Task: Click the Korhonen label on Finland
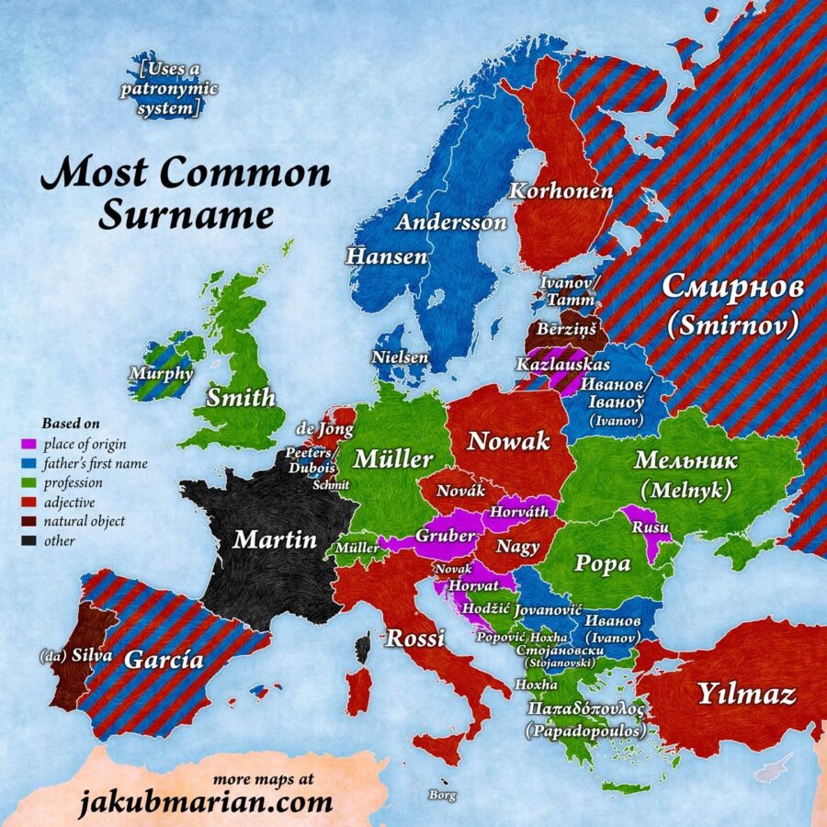[561, 191]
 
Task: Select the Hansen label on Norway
[387, 256]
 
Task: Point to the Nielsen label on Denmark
[400, 357]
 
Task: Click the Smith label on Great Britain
[241, 398]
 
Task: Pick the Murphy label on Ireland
[161, 374]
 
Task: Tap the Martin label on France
[275, 538]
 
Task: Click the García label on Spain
[164, 659]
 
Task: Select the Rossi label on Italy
[414, 638]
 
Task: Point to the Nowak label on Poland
[508, 441]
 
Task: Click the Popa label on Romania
[602, 563]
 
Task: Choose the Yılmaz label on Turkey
[745, 695]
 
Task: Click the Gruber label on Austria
[446, 536]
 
